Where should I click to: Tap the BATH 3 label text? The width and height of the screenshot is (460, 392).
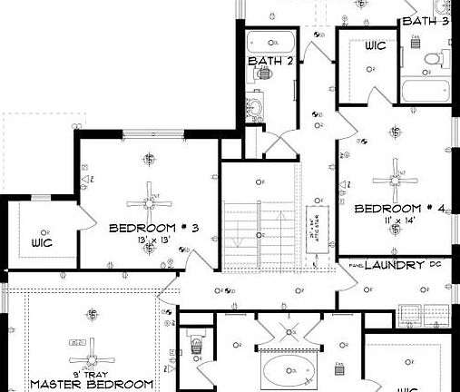coord(425,20)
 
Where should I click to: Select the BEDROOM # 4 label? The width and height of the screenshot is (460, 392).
coord(399,209)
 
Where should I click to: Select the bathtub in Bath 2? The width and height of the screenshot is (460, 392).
coord(269,42)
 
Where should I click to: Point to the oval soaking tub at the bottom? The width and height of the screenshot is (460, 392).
coord(288,370)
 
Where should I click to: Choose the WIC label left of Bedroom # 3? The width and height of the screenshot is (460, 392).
coord(42,243)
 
